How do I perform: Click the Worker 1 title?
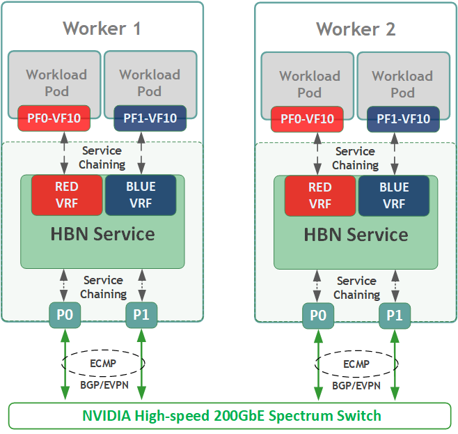point(102,29)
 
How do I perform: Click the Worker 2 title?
point(355,29)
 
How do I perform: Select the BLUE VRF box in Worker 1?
point(141,195)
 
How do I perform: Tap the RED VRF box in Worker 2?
point(320,196)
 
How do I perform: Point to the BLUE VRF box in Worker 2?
point(394,196)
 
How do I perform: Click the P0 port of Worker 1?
point(65,315)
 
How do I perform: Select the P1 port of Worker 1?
point(141,315)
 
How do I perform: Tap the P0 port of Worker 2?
point(318,316)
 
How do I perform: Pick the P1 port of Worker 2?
point(395,316)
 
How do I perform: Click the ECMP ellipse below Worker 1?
point(103,363)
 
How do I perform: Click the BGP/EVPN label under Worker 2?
point(356,385)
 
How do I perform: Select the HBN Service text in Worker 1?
point(102,234)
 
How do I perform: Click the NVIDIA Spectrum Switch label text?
point(232,416)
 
